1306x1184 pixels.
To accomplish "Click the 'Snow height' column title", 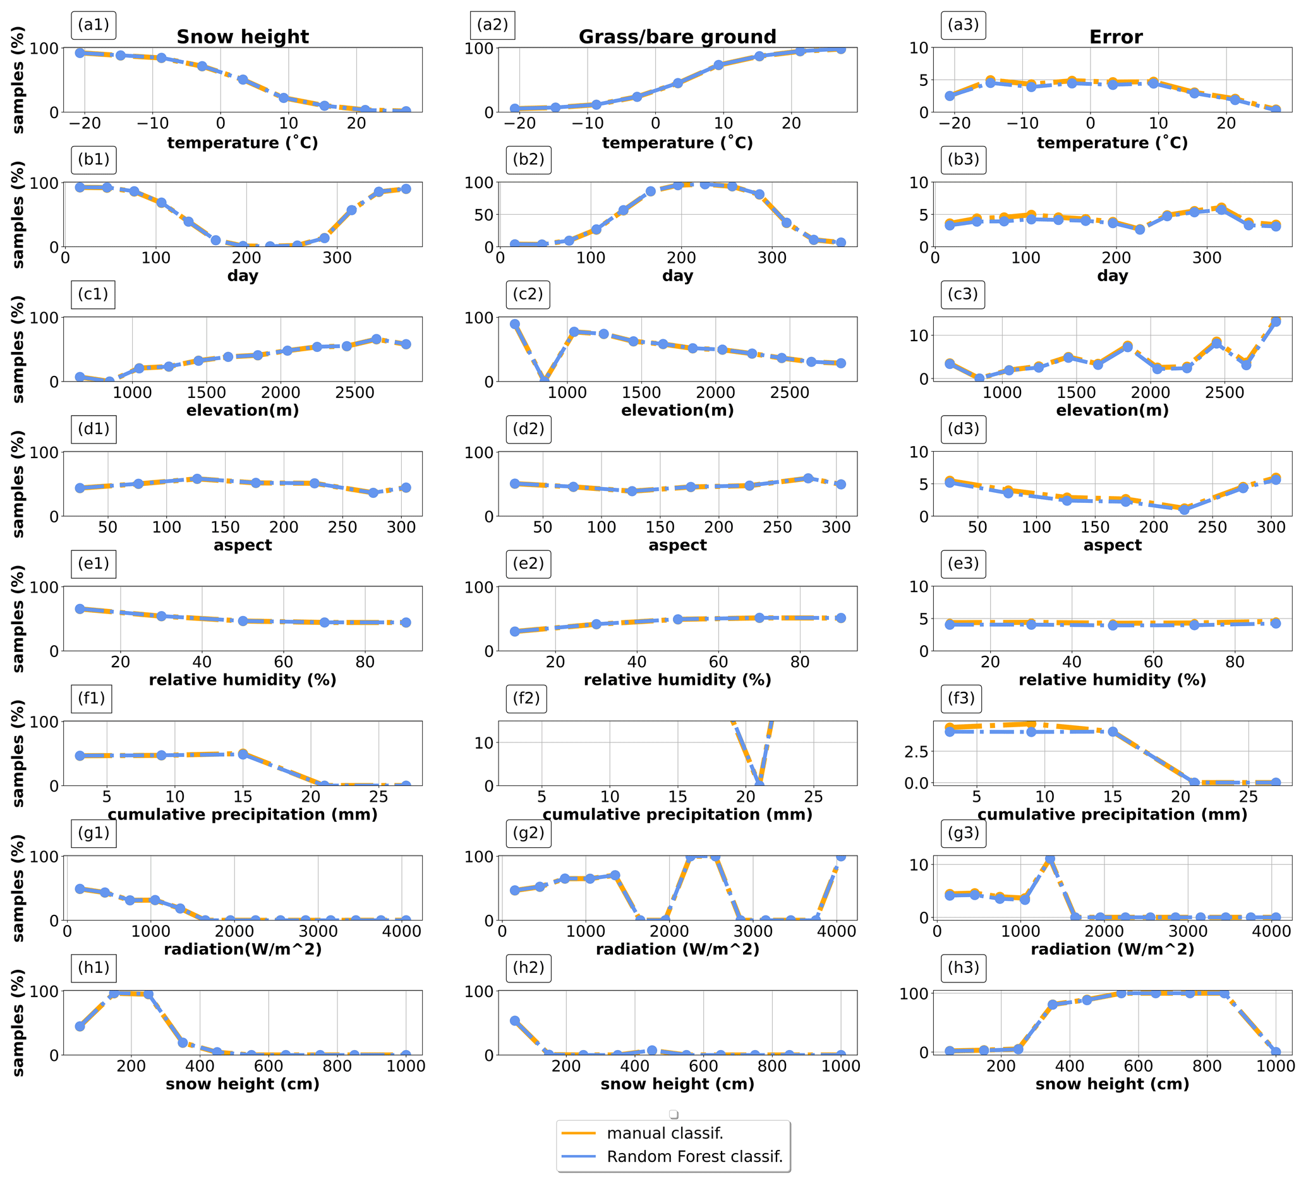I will (242, 37).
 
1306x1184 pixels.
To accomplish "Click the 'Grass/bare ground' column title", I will (677, 37).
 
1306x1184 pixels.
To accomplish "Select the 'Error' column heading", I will (1116, 37).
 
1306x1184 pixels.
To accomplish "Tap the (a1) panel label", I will (94, 25).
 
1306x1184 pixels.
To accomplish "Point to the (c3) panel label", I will (963, 294).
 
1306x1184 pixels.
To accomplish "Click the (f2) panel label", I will (526, 698).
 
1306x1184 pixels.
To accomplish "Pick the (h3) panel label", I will (963, 968).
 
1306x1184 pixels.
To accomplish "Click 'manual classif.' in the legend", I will (665, 1133).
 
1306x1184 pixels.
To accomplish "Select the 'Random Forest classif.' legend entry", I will (694, 1156).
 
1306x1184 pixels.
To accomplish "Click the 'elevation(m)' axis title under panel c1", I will (242, 410).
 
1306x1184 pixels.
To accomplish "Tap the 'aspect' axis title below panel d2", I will (677, 545).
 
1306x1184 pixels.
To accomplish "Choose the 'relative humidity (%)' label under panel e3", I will (1111, 679).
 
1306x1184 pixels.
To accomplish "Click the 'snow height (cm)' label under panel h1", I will (242, 1084).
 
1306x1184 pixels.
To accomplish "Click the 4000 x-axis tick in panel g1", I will (402, 931).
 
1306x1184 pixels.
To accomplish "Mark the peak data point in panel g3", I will (1049, 859).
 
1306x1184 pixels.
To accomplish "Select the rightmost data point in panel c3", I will (1276, 322).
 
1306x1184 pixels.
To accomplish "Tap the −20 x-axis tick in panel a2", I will (519, 123).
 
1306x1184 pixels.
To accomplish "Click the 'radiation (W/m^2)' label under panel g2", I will (677, 949).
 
